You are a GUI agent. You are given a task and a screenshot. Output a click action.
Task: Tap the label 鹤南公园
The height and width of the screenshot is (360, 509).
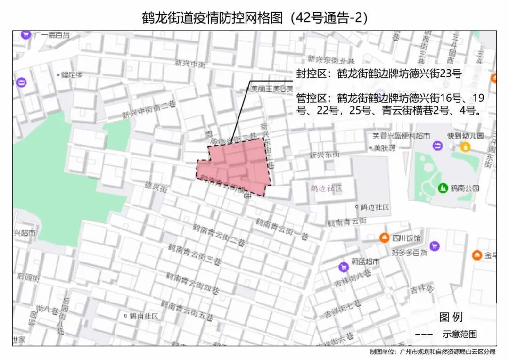[465, 188]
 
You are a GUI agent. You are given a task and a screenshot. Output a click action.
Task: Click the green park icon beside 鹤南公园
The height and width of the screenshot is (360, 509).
[443, 188]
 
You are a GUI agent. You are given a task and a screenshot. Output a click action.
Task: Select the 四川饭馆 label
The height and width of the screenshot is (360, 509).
[407, 238]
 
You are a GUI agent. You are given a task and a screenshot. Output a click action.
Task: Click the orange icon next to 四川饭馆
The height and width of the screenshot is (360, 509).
[385, 238]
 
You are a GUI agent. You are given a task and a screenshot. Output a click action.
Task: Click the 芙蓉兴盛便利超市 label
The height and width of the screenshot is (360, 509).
[401, 136]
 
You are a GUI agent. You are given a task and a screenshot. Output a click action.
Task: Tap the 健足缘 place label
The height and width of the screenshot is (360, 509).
[72, 74]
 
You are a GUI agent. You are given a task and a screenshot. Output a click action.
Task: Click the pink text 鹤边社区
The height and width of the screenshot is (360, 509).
[326, 188]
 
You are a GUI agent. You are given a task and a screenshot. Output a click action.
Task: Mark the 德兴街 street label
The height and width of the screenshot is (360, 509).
[156, 187]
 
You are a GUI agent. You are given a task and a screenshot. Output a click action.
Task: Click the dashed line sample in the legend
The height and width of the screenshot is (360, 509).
[425, 335]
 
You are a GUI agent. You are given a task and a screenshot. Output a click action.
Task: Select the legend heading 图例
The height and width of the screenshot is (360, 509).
[451, 317]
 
